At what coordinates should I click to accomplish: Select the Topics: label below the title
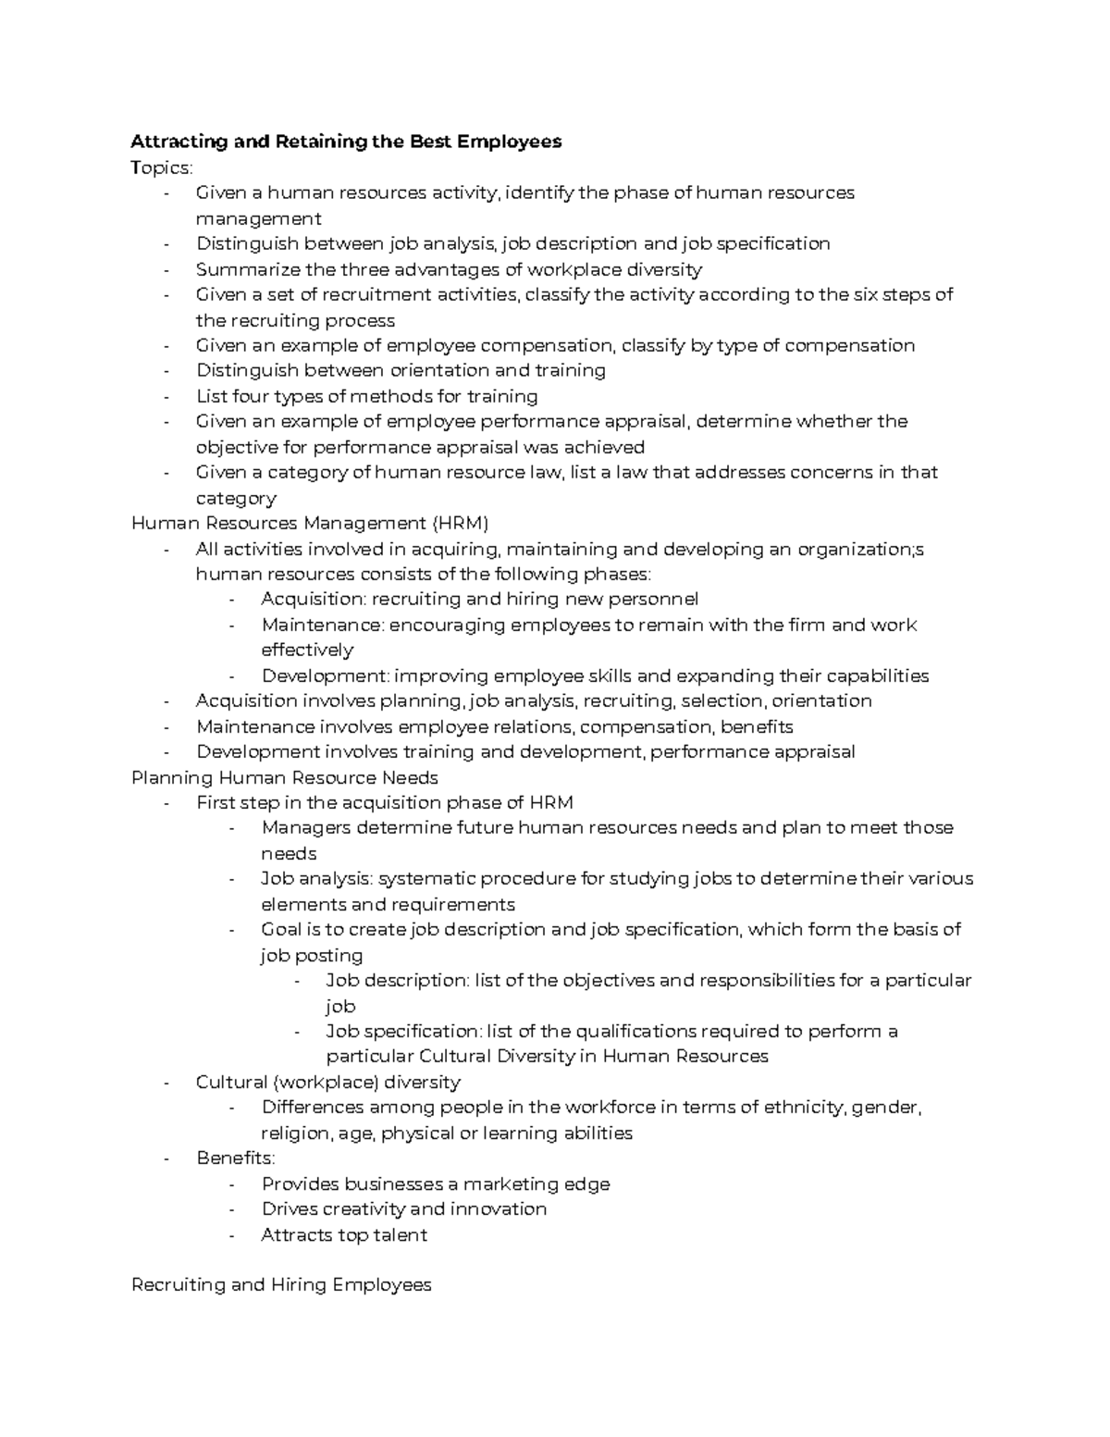tap(162, 167)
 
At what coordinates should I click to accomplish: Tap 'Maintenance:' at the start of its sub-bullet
tap(322, 625)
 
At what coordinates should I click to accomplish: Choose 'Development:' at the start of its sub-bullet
tap(319, 675)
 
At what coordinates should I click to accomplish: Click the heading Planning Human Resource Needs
tap(285, 777)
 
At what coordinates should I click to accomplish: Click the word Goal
tap(281, 929)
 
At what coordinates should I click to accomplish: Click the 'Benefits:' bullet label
tap(235, 1158)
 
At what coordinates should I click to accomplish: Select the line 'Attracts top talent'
tap(344, 1234)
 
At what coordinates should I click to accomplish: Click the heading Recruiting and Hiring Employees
tap(281, 1284)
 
